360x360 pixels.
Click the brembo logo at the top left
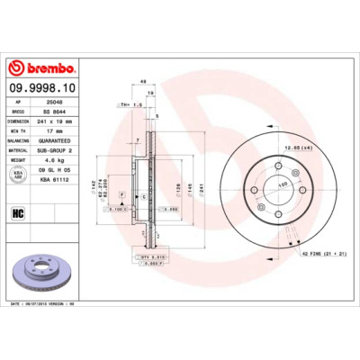(42, 68)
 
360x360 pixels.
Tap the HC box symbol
(17, 212)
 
